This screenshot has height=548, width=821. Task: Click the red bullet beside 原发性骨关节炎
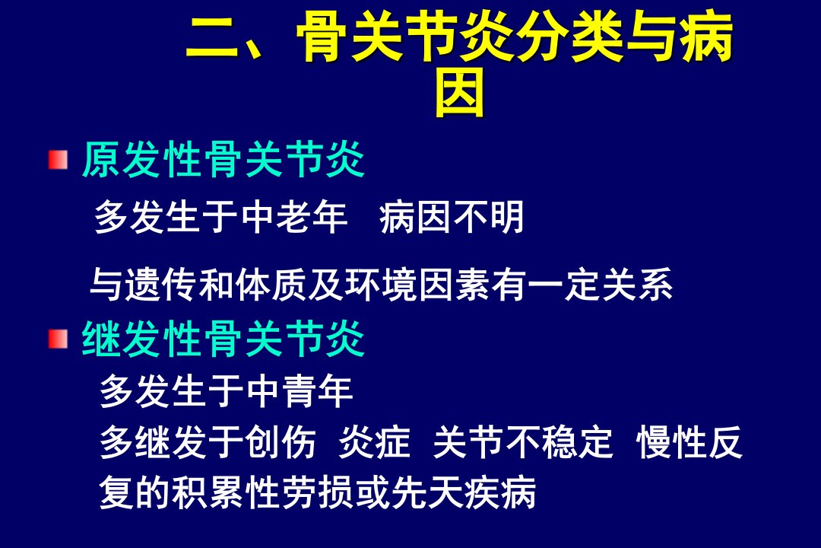point(58,160)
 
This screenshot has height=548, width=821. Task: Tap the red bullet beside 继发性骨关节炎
point(58,339)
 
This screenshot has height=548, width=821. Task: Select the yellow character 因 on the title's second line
point(460,95)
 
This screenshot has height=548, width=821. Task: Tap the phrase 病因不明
point(452,217)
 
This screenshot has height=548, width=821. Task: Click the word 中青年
point(300,390)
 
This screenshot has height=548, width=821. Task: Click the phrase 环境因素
point(417,284)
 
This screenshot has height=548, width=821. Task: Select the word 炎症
point(374,441)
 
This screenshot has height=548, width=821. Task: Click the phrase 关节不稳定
point(522,441)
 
